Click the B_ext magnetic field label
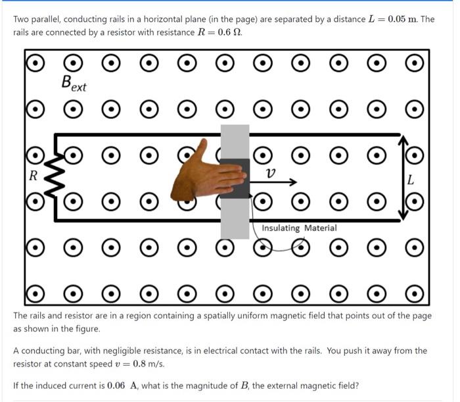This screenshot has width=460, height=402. [x=73, y=84]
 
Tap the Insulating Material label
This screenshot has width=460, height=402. [x=299, y=228]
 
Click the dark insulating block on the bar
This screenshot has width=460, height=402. [x=234, y=178]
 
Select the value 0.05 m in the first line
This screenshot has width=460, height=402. [x=403, y=18]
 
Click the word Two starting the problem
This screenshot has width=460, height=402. [x=22, y=19]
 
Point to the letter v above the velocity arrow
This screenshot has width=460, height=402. [x=270, y=172]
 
